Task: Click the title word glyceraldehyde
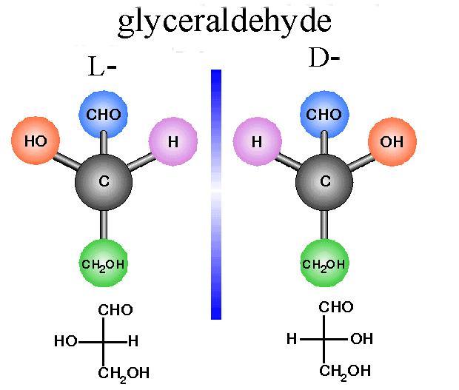pos(224,22)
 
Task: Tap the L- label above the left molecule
pos(101,68)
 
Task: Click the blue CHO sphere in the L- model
pos(104,115)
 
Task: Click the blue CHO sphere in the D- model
pos(324,115)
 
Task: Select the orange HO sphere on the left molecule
pos(35,140)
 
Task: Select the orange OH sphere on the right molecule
pos(392,140)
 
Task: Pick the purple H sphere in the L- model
pos(173,140)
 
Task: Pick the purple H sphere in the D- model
pos(257,140)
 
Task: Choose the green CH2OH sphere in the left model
pos(104,264)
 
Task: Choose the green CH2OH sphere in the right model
pos(324,264)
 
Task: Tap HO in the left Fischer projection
pos(66,342)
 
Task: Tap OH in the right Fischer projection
pos(361,340)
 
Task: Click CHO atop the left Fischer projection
pos(115,309)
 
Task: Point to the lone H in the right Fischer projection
pos(292,340)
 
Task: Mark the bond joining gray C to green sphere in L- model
pos(104,223)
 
